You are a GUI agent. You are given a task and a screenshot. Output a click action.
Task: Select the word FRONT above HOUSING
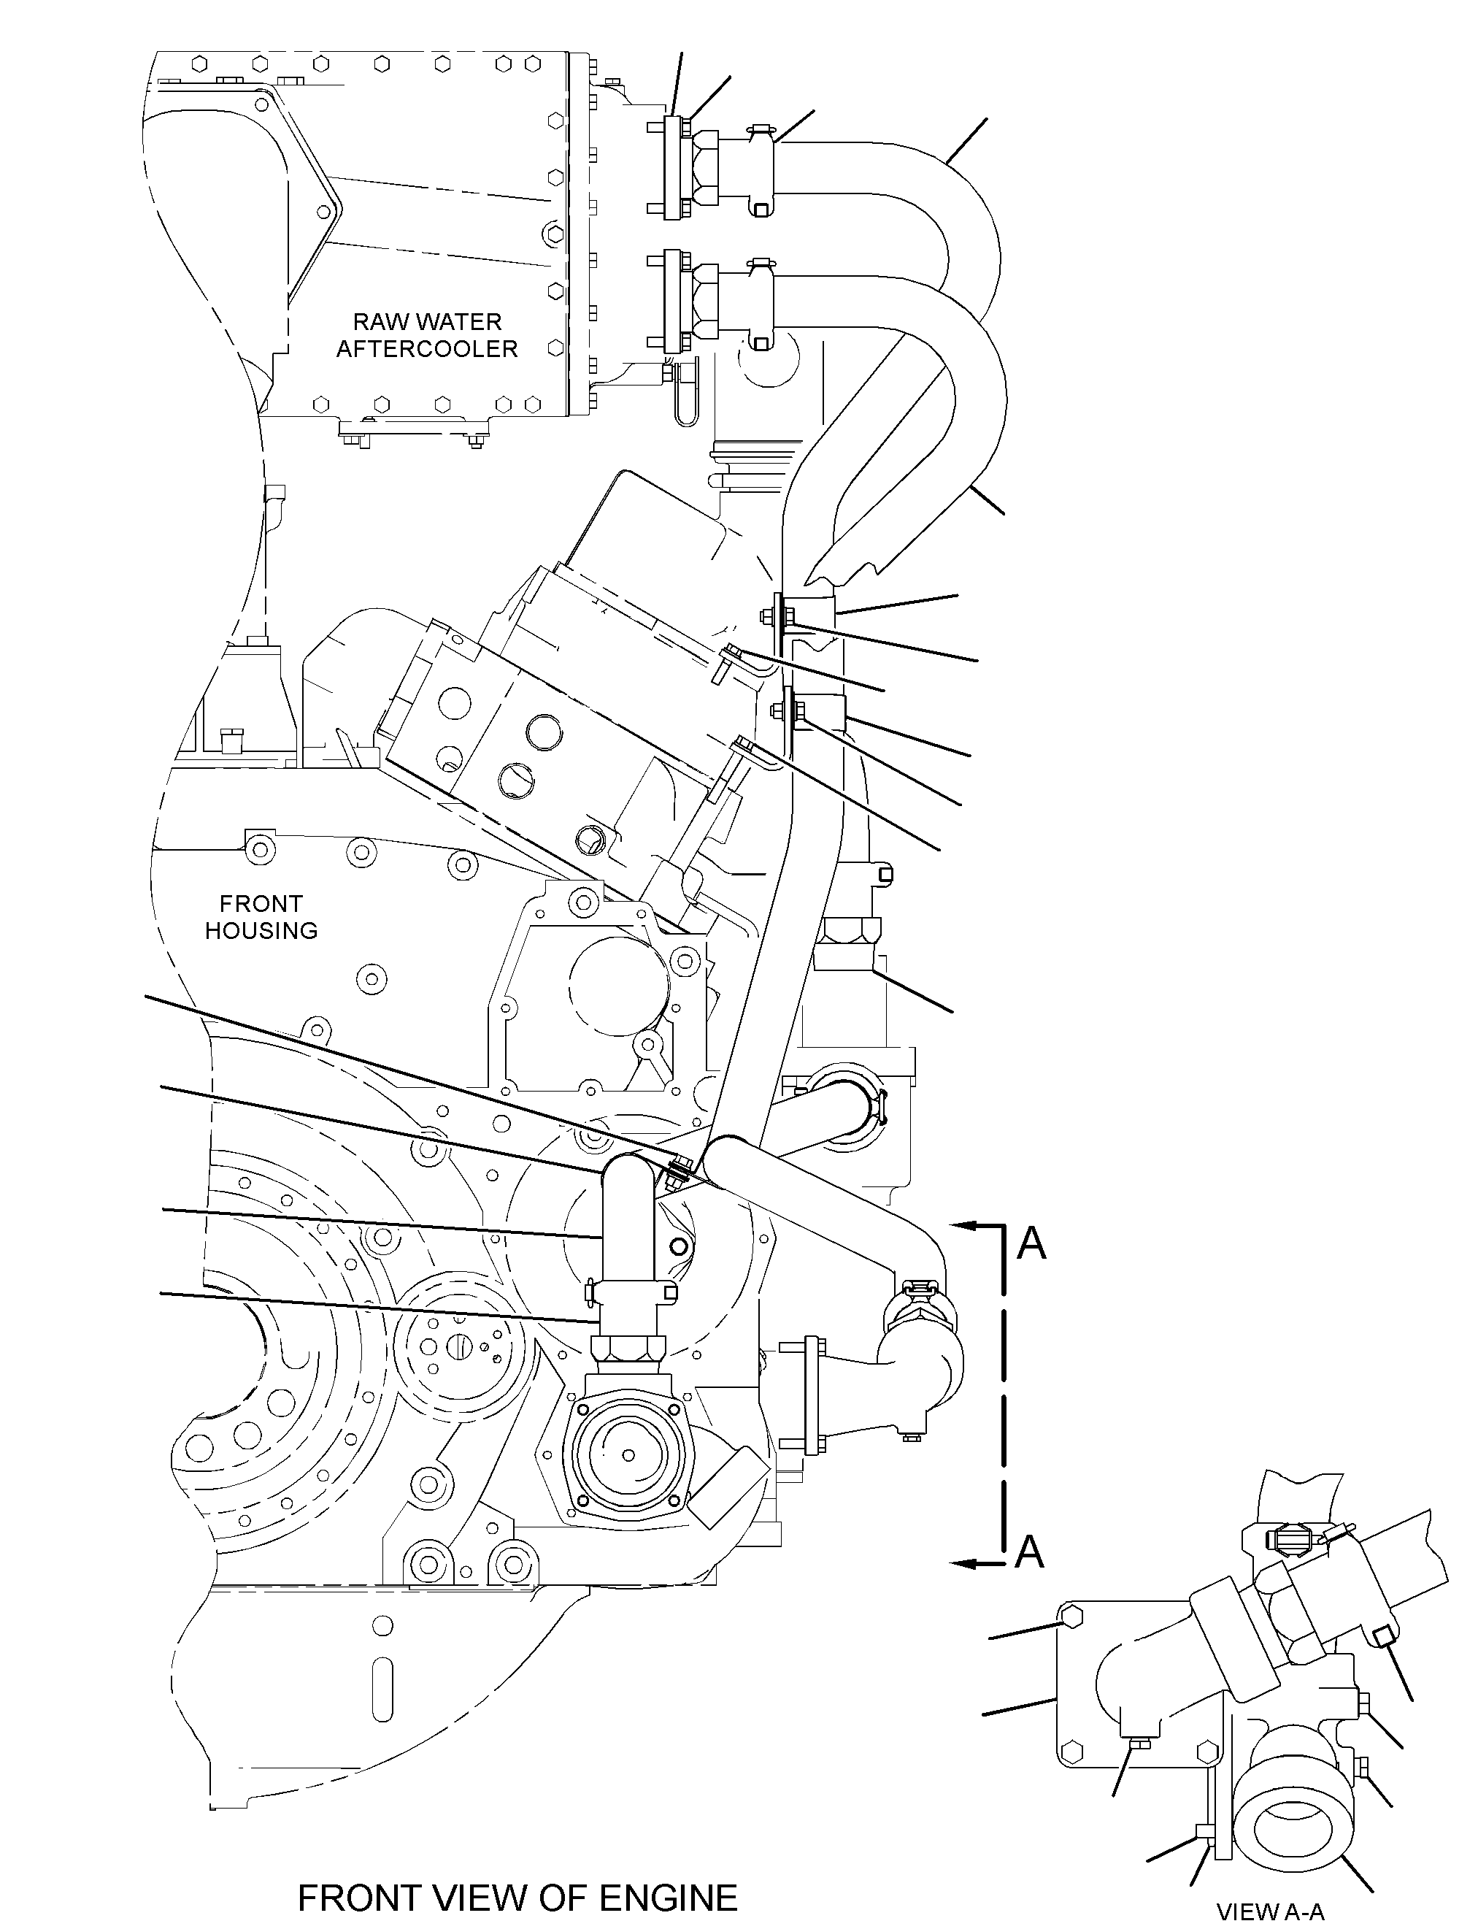pyautogui.click(x=261, y=904)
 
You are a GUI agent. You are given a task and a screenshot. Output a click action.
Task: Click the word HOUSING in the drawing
pyautogui.click(x=261, y=930)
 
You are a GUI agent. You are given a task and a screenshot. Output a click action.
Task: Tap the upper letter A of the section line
pyautogui.click(x=1032, y=1243)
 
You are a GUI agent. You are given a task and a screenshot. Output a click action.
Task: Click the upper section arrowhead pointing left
pyautogui.click(x=964, y=1225)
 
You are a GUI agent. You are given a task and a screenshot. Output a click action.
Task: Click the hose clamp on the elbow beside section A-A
pyautogui.click(x=920, y=1295)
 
